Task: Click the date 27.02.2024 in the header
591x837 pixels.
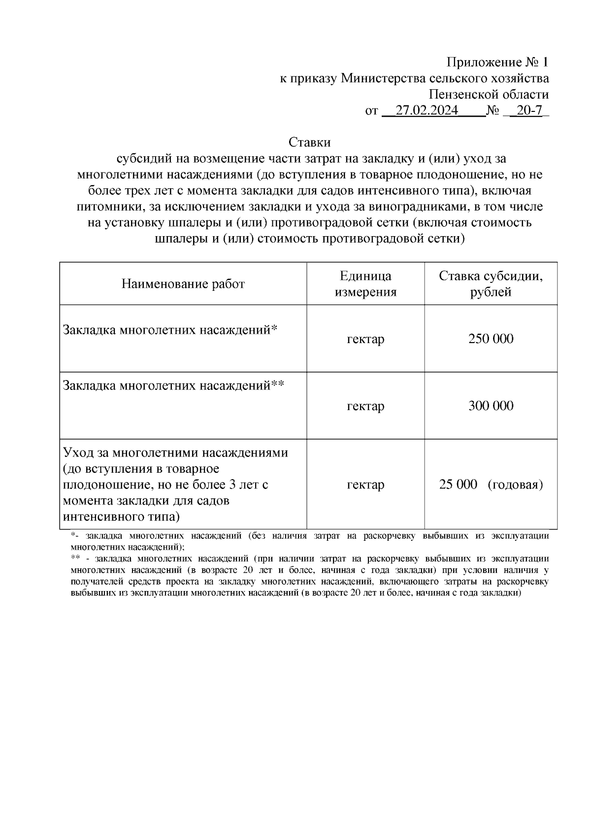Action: [427, 110]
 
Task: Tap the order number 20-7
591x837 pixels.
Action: [529, 110]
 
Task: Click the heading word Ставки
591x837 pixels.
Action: [309, 142]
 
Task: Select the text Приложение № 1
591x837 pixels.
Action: [497, 63]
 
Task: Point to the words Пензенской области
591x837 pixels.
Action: [488, 95]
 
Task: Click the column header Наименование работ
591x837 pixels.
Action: [183, 284]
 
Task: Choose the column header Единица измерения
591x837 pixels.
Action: [365, 284]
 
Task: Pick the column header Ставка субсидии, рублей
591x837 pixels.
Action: [491, 284]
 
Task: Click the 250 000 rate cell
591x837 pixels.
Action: [491, 339]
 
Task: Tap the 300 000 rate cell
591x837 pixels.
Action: [491, 406]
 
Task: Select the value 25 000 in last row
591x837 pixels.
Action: [458, 484]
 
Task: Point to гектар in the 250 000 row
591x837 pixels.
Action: [365, 339]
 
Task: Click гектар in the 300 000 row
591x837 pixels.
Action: [365, 406]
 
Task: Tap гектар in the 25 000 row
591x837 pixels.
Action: [365, 485]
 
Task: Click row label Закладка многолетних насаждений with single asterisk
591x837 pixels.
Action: [170, 329]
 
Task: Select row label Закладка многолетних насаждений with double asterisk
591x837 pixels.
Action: [173, 385]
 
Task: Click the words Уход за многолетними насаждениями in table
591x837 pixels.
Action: [175, 452]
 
